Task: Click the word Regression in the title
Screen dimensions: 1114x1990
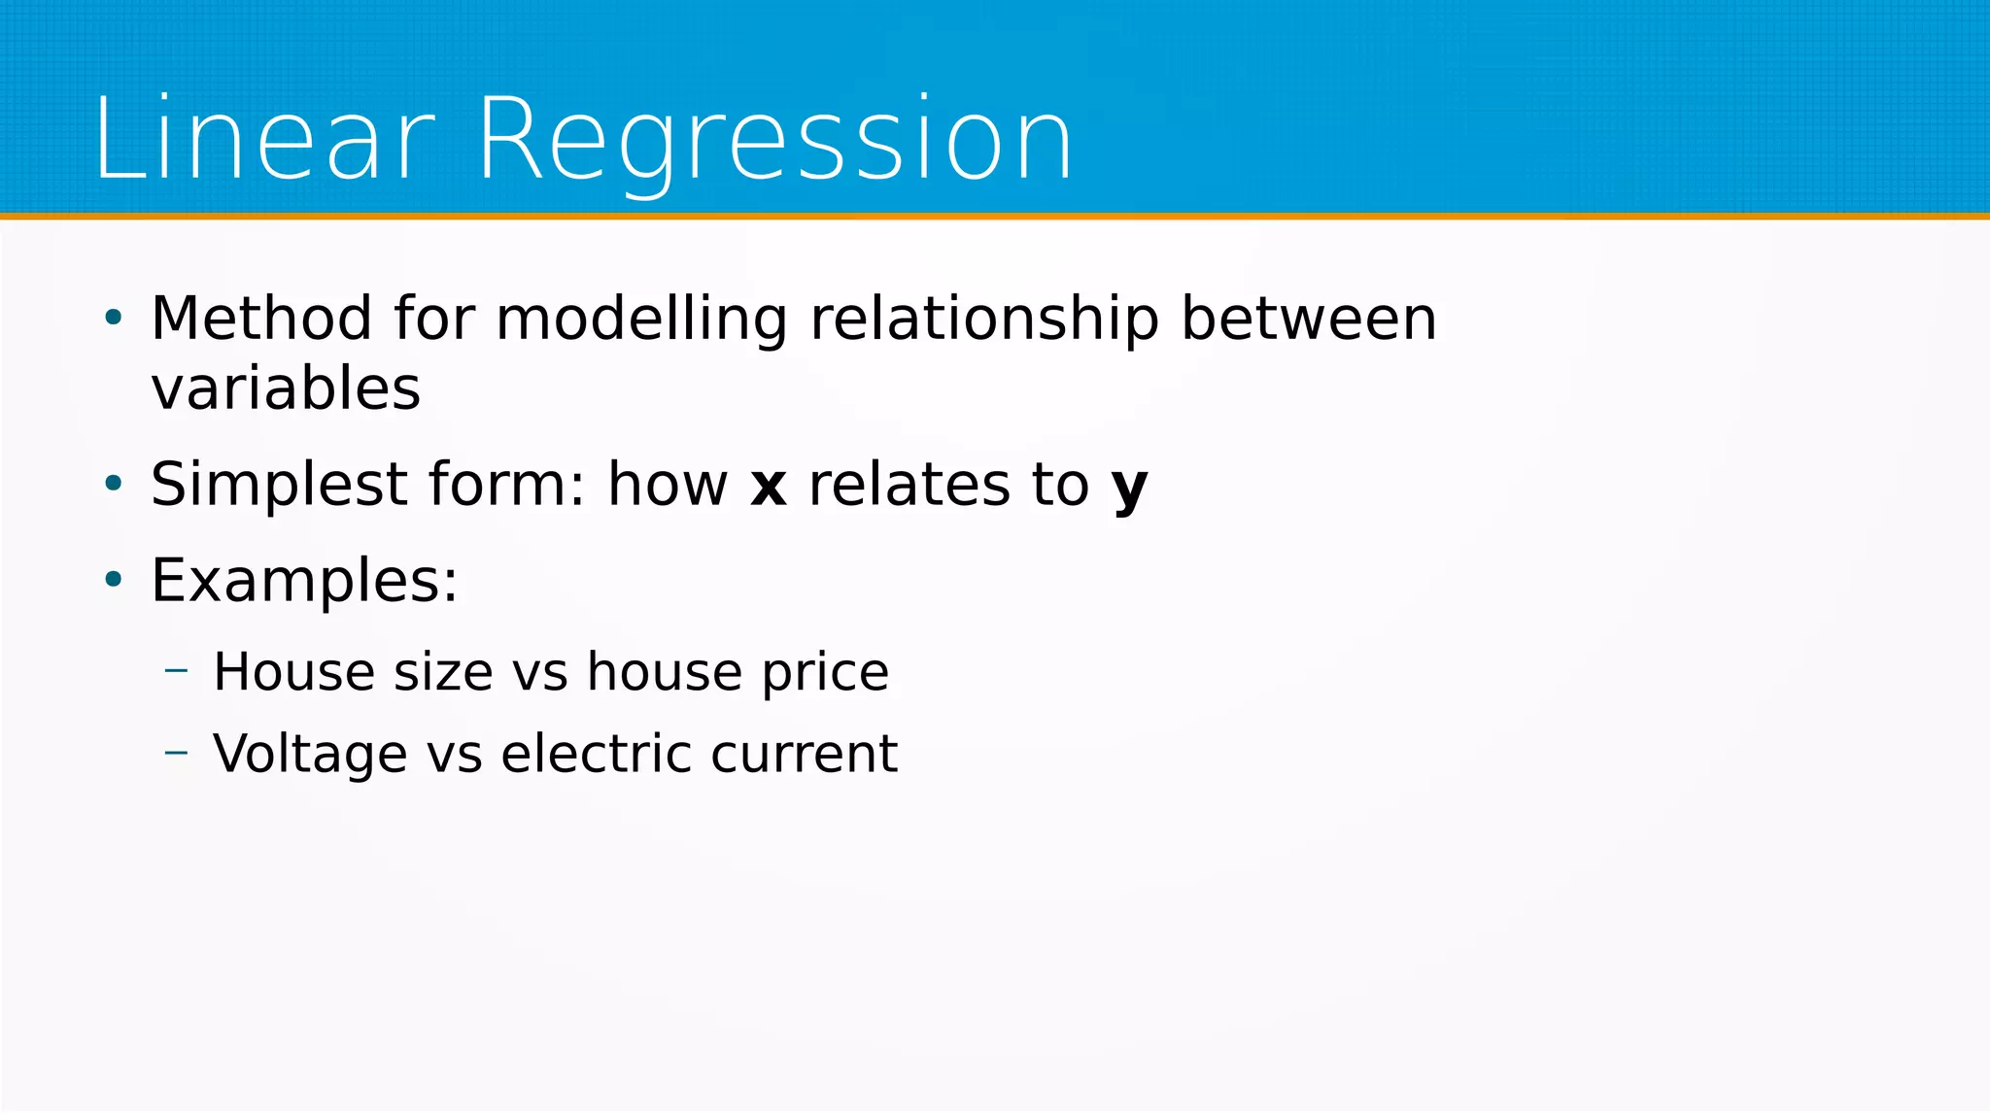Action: [775, 139]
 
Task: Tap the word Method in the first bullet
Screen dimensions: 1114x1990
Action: [261, 319]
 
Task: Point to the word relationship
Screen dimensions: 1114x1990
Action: [984, 319]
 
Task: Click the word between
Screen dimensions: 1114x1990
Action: [1308, 319]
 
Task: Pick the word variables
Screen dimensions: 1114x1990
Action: [286, 388]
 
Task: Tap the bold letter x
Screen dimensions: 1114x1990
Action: [768, 486]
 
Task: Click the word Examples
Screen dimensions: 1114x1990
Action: [302, 581]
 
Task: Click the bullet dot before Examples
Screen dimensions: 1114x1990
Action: [114, 581]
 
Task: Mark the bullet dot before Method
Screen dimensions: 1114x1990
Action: [114, 318]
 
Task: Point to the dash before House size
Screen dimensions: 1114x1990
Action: [176, 670]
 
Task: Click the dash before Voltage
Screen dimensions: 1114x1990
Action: [176, 752]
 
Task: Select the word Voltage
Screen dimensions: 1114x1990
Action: [310, 754]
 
